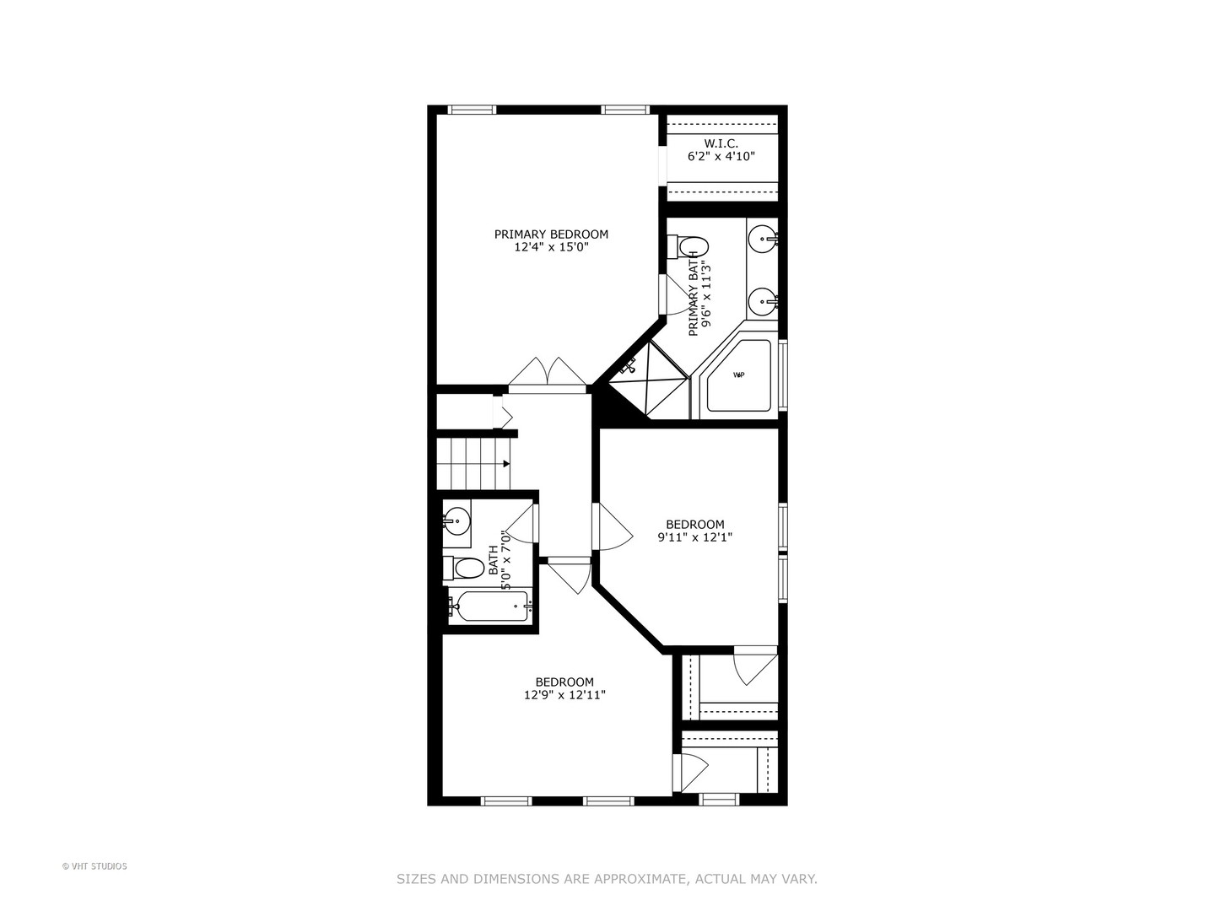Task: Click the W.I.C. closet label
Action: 721,143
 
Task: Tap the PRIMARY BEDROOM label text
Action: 551,234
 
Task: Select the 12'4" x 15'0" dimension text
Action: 551,248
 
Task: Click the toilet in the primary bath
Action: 691,246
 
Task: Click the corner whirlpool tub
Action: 739,375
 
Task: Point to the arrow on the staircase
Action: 505,463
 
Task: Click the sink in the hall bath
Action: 458,517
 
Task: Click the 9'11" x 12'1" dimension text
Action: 695,537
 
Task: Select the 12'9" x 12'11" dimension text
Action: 564,696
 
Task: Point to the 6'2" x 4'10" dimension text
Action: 721,157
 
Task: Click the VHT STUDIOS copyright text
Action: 94,866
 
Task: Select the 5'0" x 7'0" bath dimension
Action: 505,560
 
